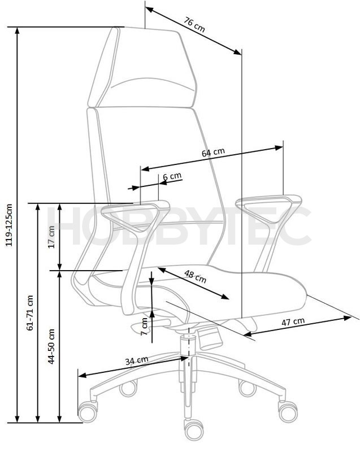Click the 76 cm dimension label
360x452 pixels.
tap(194, 25)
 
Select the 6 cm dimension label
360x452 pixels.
tap(172, 176)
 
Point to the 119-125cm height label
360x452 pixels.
tap(9, 225)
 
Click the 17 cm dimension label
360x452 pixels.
tap(51, 237)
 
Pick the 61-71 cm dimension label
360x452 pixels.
tap(31, 312)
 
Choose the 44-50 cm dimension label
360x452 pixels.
tap(51, 346)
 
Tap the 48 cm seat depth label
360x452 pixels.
tap(196, 276)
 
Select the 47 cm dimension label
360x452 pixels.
tap(293, 322)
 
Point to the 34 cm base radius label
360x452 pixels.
tap(137, 360)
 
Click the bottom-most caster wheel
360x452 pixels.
tap(194, 430)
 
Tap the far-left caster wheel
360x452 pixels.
tap(88, 412)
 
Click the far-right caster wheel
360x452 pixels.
tap(287, 411)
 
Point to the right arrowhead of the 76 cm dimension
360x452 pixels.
tap(238, 51)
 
